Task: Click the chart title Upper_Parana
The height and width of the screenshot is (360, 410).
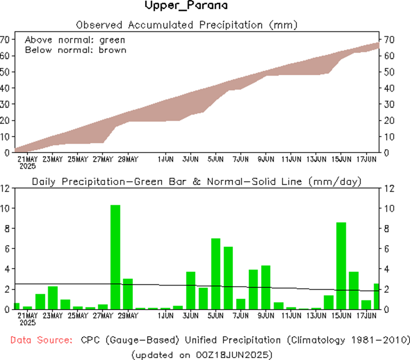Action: tap(186, 6)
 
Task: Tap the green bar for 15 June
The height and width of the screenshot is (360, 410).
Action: tap(341, 266)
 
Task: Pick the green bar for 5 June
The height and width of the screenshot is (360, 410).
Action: tap(216, 274)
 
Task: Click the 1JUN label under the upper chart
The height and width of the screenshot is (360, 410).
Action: tap(165, 158)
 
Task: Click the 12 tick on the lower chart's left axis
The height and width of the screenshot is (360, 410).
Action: tap(5, 188)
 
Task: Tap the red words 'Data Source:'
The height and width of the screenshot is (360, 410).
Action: tap(41, 340)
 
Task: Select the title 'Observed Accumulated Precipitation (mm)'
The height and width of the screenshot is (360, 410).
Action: tap(186, 24)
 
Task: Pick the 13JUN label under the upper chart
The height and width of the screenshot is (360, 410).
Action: tap(316, 158)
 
